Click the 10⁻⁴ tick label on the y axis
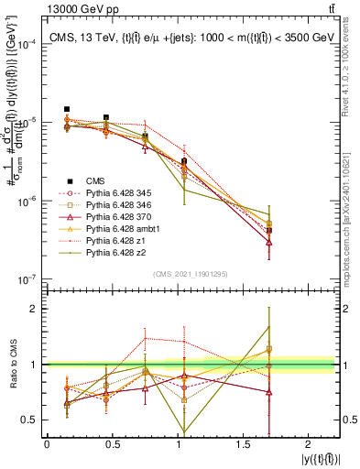[x=28, y=44]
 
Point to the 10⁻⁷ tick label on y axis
[x=28, y=278]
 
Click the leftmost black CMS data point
[x=67, y=109]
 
